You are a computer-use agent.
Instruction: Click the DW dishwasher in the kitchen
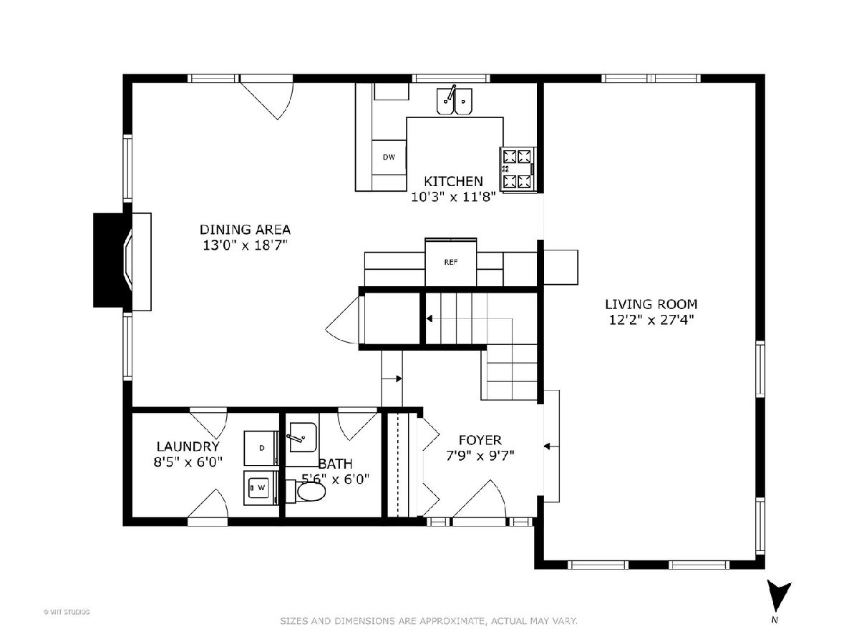pyautogui.click(x=389, y=157)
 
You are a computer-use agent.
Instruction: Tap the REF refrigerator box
pyautogui.click(x=450, y=262)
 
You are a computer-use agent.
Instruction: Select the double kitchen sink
pyautogui.click(x=454, y=101)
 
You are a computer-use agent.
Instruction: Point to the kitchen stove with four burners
pyautogui.click(x=518, y=169)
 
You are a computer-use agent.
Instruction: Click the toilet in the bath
pyautogui.click(x=306, y=492)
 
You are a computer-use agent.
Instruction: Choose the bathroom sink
pyautogui.click(x=301, y=437)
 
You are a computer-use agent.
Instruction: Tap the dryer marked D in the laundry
pyautogui.click(x=261, y=448)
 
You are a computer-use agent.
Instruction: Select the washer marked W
pyautogui.click(x=261, y=487)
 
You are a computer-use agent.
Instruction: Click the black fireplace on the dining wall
pyautogui.click(x=112, y=260)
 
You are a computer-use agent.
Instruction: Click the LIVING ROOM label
pyautogui.click(x=651, y=304)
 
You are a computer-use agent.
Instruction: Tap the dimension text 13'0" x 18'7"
pyautogui.click(x=245, y=245)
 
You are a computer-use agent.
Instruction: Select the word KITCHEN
pyautogui.click(x=454, y=181)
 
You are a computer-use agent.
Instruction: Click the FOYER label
pyautogui.click(x=480, y=440)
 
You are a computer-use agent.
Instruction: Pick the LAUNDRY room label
pyautogui.click(x=188, y=446)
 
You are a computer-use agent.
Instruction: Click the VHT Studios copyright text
pyautogui.click(x=67, y=612)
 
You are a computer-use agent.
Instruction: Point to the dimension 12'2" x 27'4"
pyautogui.click(x=651, y=320)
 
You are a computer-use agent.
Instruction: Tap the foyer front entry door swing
pyautogui.click(x=479, y=499)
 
